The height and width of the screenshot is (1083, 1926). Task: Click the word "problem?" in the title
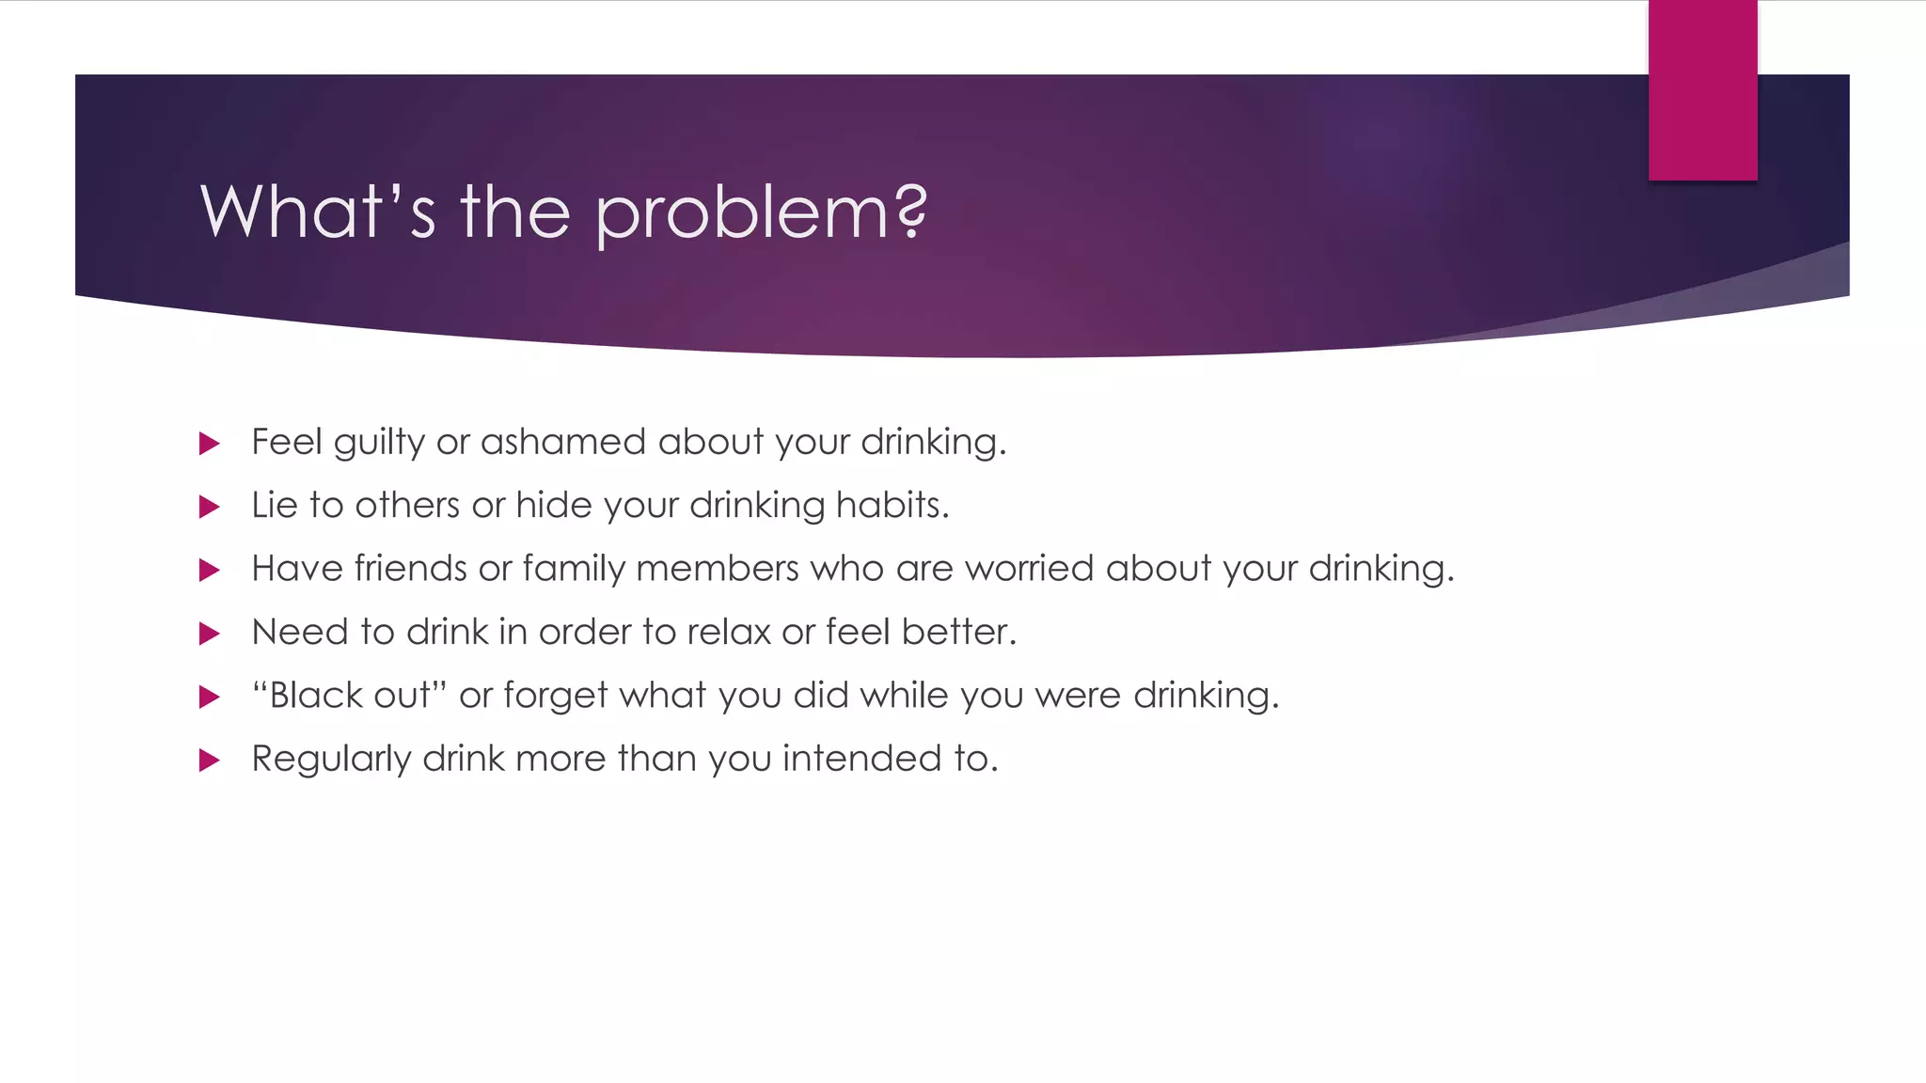tap(762, 212)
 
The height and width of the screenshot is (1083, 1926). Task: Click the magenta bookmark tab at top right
tap(1702, 90)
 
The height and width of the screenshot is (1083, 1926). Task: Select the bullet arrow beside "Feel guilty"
tap(210, 444)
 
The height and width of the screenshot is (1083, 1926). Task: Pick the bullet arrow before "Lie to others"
tap(210, 508)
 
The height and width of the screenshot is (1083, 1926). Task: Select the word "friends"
tap(410, 569)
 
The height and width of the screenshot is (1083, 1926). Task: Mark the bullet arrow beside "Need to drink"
tap(210, 635)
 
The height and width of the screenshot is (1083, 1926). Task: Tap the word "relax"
tap(728, 632)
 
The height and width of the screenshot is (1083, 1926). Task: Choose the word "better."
tap(958, 632)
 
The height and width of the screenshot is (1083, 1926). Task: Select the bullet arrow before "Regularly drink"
tap(210, 761)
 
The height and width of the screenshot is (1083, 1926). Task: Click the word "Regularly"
tap(331, 760)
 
